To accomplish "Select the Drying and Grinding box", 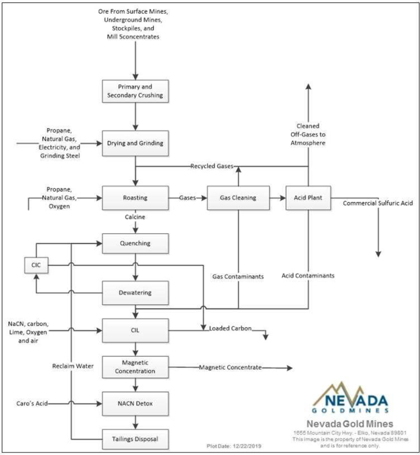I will pyautogui.click(x=135, y=142).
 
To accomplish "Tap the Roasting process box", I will pyautogui.click(x=135, y=198).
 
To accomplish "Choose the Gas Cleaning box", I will pyautogui.click(x=238, y=198).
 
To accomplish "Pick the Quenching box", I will pyautogui.click(x=135, y=243).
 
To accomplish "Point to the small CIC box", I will pyautogui.click(x=36, y=266).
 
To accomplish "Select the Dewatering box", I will pyautogui.click(x=135, y=292).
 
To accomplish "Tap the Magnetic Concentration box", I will pyautogui.click(x=135, y=367).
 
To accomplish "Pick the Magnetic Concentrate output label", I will pyautogui.click(x=230, y=367).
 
